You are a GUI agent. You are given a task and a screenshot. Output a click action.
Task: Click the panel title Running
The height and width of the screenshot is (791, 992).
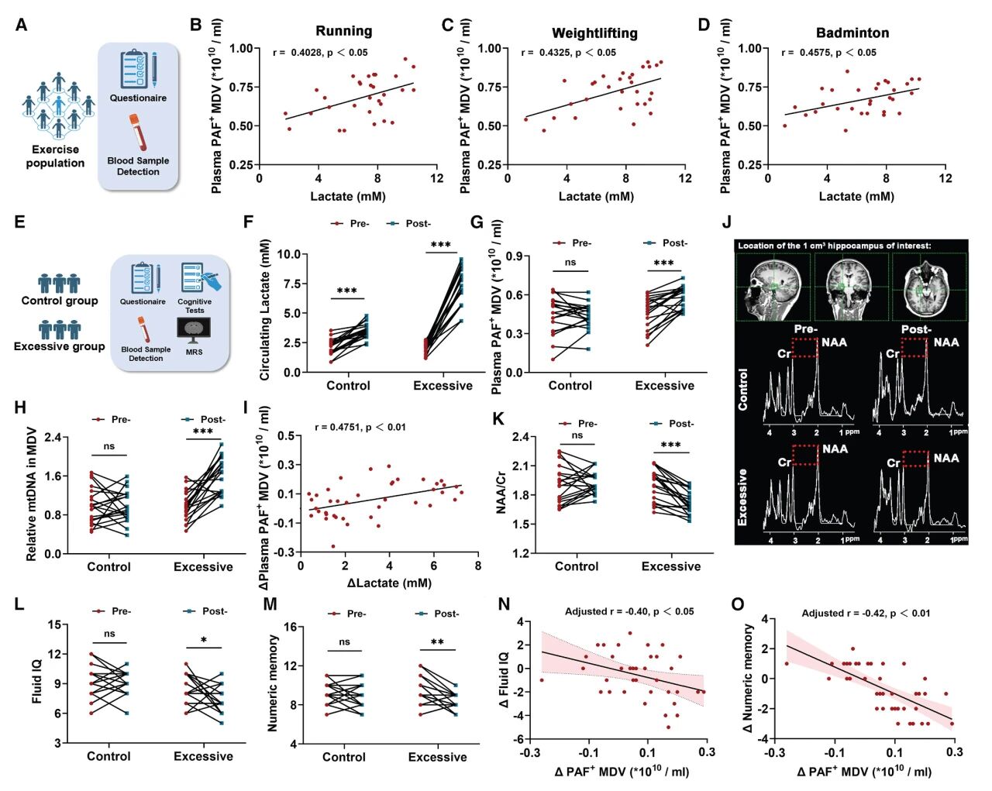click(x=343, y=31)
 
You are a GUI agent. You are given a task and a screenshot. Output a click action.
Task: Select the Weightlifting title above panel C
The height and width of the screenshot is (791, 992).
click(x=594, y=33)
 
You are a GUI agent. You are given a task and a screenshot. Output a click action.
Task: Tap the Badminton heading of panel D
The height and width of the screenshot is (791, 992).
click(x=852, y=33)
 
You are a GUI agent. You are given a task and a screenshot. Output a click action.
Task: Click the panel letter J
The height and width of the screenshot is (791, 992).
click(x=727, y=222)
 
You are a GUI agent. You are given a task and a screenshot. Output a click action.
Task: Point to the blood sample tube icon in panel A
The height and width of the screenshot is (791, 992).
click(x=138, y=132)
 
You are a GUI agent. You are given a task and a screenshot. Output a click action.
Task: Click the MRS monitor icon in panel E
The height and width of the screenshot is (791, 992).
click(x=194, y=330)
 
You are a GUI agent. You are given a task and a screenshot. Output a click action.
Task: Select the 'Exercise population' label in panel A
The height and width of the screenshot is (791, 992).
click(x=55, y=156)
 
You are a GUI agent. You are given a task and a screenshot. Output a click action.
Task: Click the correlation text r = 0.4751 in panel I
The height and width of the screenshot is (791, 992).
click(x=360, y=427)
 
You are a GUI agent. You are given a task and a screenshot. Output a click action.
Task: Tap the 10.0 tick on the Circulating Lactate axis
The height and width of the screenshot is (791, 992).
click(x=288, y=254)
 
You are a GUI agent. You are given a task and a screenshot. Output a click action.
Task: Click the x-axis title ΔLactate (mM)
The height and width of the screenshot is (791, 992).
click(x=389, y=583)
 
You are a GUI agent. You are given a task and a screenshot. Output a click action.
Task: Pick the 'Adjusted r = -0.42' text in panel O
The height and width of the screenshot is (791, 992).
click(x=866, y=613)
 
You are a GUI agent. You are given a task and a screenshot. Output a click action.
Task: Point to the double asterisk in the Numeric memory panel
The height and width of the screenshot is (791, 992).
click(x=437, y=642)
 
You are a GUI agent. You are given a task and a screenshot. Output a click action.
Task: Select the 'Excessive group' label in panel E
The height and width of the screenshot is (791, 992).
click(x=59, y=346)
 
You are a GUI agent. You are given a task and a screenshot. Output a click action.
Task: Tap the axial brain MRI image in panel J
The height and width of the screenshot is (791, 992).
click(x=928, y=286)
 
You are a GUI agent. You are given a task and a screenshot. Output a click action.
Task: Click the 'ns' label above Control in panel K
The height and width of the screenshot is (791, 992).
click(x=577, y=435)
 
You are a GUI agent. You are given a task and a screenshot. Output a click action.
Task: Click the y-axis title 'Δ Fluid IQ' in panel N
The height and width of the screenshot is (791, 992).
click(x=505, y=679)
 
